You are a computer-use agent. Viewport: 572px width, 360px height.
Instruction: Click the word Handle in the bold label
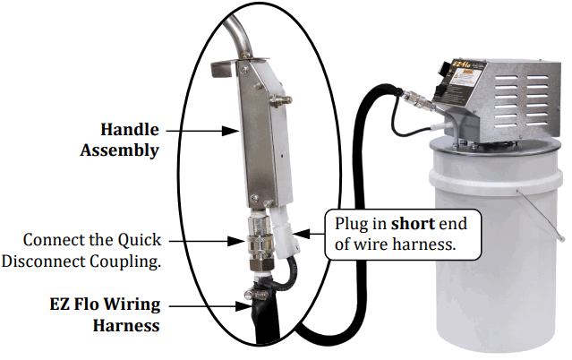point(129,130)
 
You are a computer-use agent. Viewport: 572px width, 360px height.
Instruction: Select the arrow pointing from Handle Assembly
point(201,131)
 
